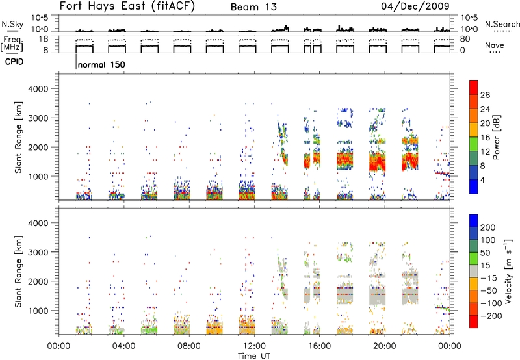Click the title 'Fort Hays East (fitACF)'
click(127, 6)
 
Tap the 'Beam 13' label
click(253, 7)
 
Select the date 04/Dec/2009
click(415, 6)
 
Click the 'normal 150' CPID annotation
click(101, 64)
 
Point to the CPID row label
click(14, 62)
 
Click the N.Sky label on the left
click(12, 24)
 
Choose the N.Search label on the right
click(502, 24)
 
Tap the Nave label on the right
click(494, 45)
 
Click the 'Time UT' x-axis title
click(254, 355)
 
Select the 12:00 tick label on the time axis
click(254, 346)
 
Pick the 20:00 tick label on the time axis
click(385, 346)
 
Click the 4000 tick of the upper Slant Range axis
click(38, 89)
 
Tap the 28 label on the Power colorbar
click(485, 95)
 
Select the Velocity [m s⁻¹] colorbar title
click(508, 271)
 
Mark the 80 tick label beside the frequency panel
click(465, 39)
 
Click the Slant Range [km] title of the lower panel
click(18, 271)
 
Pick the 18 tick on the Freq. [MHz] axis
click(44, 39)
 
